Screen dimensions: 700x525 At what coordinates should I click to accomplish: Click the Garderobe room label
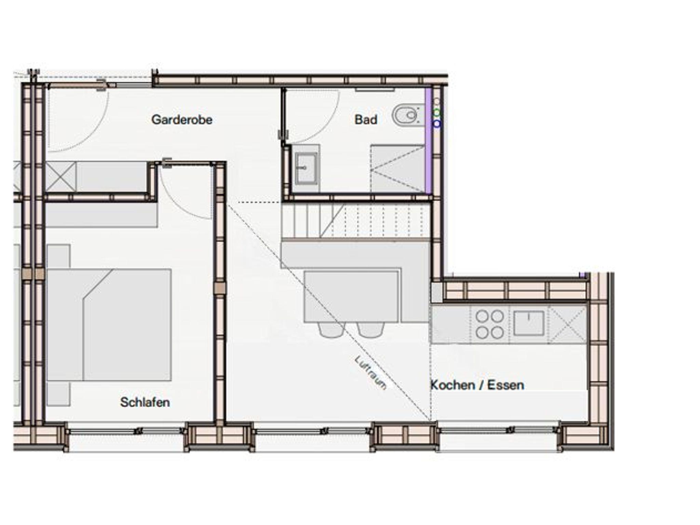point(181,120)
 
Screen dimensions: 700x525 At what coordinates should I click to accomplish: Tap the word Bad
point(366,120)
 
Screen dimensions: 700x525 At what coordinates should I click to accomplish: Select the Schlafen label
point(145,402)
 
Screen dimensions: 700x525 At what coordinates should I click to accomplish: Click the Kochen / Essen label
point(477,385)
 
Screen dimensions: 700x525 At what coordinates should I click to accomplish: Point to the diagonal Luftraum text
point(371,373)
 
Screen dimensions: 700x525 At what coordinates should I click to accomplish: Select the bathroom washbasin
point(306,169)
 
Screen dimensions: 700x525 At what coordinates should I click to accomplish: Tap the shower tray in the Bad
point(398,169)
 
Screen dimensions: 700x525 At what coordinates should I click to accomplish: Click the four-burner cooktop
point(489,324)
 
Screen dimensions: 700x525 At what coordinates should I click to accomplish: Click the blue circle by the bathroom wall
point(437,124)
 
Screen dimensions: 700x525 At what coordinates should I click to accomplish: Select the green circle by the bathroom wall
point(437,113)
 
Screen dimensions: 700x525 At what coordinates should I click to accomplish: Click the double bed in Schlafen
point(109,325)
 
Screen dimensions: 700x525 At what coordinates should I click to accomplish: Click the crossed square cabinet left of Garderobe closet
point(60,177)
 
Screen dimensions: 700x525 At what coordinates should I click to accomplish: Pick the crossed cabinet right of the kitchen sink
point(567,324)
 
